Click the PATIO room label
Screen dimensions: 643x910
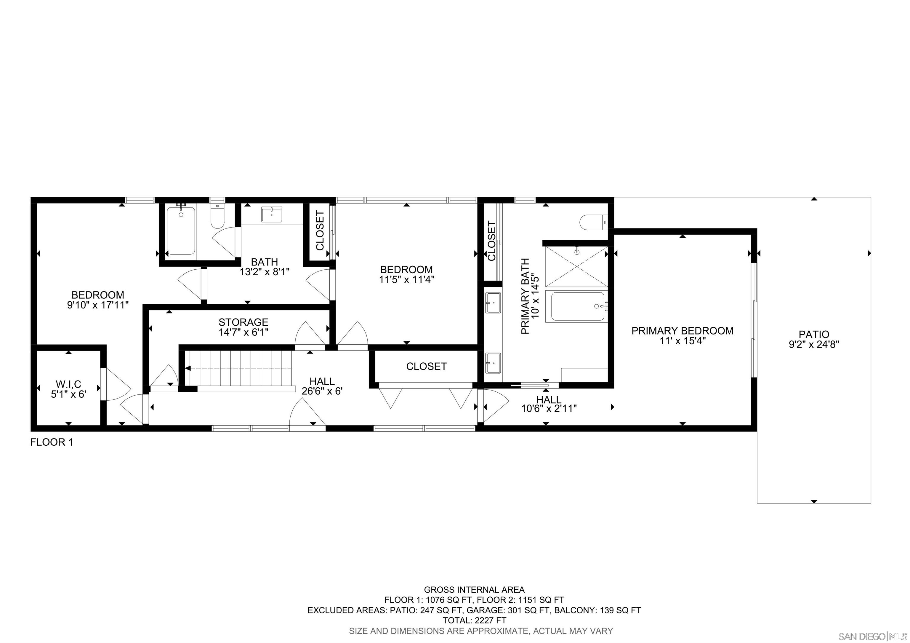pyautogui.click(x=814, y=334)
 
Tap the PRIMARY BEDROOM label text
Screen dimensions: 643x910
pyautogui.click(x=682, y=331)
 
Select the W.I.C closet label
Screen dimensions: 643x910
pyautogui.click(x=68, y=384)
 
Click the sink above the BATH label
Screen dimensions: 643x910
pyautogui.click(x=272, y=215)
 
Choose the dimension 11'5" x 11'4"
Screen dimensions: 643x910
pyautogui.click(x=406, y=279)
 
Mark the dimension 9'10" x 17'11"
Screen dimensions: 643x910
pyautogui.click(x=98, y=305)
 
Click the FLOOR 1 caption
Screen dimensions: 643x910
pyautogui.click(x=52, y=442)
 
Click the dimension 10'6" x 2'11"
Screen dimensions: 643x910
pyautogui.click(x=549, y=408)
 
